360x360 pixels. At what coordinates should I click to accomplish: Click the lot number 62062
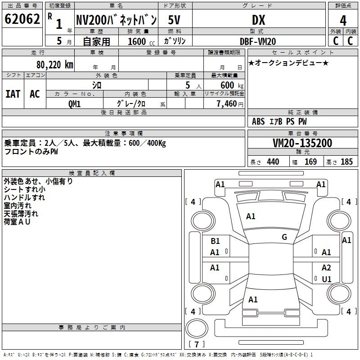point(22,19)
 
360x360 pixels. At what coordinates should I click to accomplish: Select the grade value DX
point(258,20)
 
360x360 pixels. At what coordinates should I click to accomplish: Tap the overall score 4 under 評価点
point(343,21)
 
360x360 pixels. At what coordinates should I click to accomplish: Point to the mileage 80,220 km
point(55,65)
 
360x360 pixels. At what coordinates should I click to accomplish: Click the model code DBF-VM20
point(258,41)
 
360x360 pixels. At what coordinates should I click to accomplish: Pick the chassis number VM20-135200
point(302,143)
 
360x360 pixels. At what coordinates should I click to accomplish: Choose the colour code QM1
point(74,104)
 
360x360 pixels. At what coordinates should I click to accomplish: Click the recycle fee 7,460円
point(230,104)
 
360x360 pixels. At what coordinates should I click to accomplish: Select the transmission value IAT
point(13,94)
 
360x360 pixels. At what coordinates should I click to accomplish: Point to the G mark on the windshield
point(284,237)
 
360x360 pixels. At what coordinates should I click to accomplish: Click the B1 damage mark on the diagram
point(215,241)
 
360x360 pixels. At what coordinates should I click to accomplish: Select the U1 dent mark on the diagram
point(327,279)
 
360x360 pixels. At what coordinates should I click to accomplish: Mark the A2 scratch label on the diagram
point(326,267)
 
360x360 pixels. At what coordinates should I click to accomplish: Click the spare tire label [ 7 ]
point(197,344)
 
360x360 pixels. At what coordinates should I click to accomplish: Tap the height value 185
point(346,162)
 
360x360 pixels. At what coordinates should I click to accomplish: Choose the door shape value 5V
point(174,20)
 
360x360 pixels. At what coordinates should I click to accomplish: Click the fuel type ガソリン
point(175,41)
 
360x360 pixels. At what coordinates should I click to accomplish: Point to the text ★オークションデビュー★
point(288,63)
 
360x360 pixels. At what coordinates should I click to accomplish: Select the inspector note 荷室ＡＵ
point(17,221)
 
